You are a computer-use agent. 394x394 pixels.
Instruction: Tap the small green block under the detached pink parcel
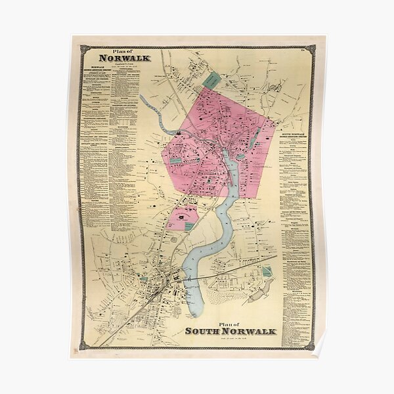pyautogui.click(x=189, y=226)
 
